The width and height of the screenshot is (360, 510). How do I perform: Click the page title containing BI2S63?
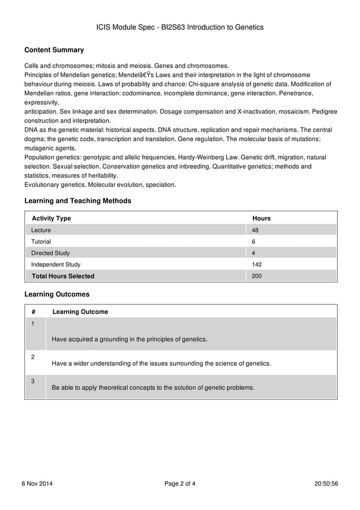[180, 27]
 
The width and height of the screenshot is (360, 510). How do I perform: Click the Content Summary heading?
[54, 50]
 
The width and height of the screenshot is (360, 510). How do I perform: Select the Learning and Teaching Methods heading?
[78, 201]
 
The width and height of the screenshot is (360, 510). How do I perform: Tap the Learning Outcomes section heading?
[57, 294]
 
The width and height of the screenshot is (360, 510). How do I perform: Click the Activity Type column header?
[51, 219]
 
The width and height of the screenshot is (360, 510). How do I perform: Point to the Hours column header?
[261, 219]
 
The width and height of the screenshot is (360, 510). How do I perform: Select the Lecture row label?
[41, 230]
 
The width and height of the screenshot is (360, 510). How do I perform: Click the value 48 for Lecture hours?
[255, 230]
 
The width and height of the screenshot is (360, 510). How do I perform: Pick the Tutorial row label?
[41, 242]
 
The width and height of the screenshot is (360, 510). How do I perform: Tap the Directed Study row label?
[50, 253]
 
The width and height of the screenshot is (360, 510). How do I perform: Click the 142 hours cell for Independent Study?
[257, 264]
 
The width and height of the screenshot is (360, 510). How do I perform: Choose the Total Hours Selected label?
[63, 276]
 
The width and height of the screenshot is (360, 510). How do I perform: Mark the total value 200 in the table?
[257, 276]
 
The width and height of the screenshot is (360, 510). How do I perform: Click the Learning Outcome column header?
[80, 312]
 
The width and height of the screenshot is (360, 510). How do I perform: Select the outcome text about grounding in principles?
[129, 339]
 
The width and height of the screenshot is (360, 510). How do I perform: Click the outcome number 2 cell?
[33, 358]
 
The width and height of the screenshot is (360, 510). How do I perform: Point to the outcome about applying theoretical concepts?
[153, 388]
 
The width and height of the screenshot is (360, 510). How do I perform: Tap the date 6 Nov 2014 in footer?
[37, 483]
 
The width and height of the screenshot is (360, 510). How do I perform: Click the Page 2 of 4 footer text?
[180, 483]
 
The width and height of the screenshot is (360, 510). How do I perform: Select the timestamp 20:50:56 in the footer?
[326, 483]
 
